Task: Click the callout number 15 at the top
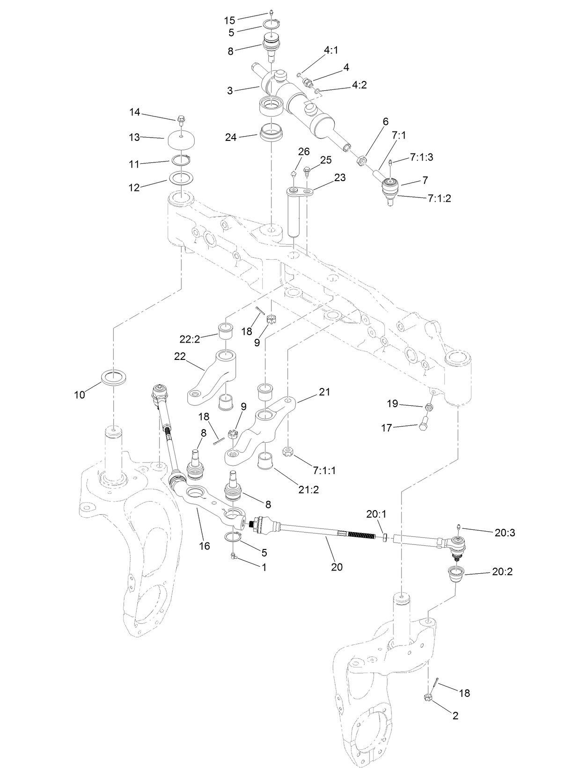pyautogui.click(x=229, y=20)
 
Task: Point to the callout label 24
pyautogui.click(x=231, y=138)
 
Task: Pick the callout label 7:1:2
pyautogui.click(x=440, y=198)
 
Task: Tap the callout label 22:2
pyautogui.click(x=190, y=339)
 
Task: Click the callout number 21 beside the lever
pyautogui.click(x=324, y=392)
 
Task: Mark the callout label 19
pyautogui.click(x=392, y=403)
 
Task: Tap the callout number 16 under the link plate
pyautogui.click(x=205, y=546)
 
